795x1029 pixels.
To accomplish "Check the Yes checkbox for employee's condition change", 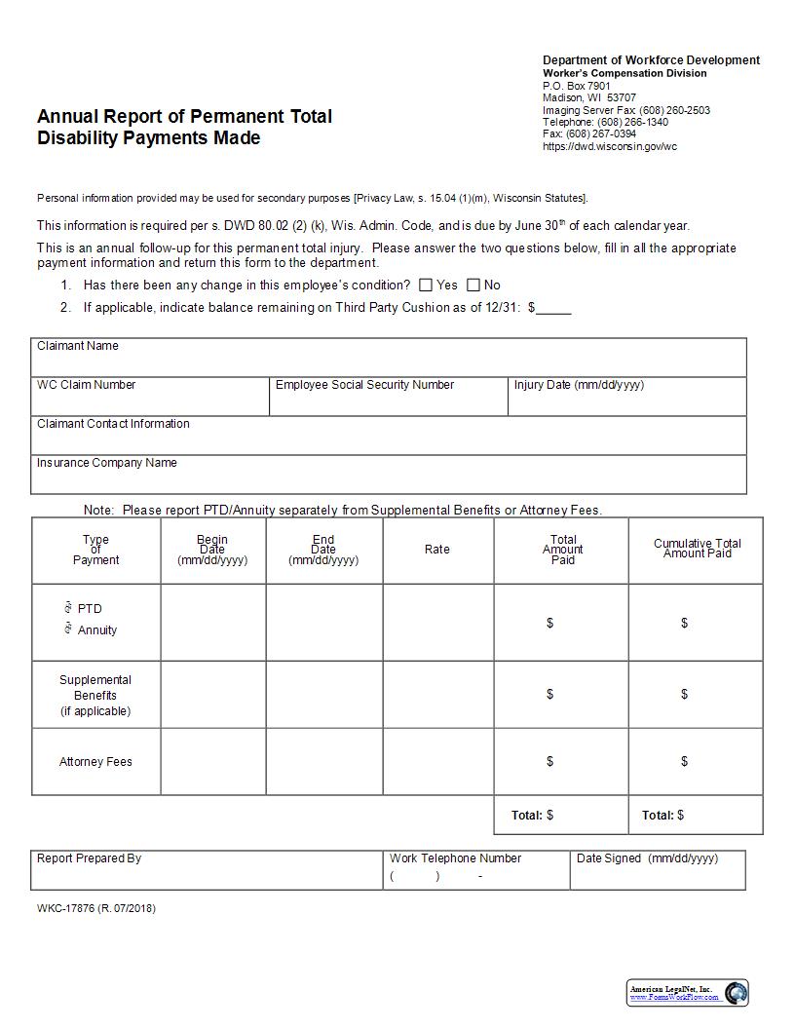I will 426,286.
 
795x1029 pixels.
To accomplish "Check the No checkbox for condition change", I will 473,286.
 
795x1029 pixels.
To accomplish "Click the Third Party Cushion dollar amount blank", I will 553,308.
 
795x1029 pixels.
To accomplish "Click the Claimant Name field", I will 389,362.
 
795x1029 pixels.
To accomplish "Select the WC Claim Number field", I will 150,400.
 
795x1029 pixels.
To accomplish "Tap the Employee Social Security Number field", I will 388,400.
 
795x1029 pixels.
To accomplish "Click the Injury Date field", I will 626,400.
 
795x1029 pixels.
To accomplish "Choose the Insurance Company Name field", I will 389,478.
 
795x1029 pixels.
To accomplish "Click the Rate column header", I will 437,550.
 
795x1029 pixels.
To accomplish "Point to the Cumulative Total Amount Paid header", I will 697,549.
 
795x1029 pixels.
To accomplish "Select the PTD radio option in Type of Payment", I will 68,608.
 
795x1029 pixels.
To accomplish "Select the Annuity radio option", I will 68,629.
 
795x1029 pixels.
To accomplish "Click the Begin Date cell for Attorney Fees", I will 212,762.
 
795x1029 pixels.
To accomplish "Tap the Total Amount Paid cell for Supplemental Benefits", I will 561,695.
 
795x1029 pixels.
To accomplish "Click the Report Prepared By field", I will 207,875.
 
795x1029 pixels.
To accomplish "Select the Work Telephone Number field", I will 475,876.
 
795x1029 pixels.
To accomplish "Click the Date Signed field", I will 658,875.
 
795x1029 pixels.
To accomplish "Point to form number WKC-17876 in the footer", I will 95,909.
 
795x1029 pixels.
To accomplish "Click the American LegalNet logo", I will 688,993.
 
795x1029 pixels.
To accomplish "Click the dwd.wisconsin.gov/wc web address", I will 609,146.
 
